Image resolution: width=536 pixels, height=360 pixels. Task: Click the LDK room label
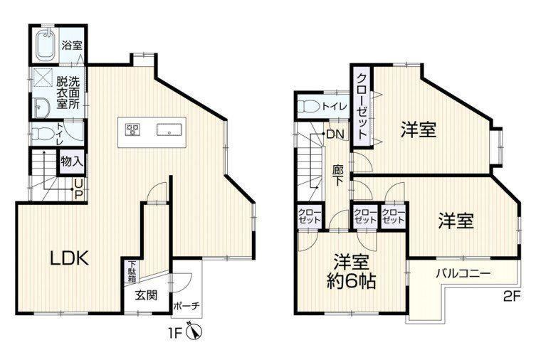coord(70,258)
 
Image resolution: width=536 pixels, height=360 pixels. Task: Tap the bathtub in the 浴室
coord(46,44)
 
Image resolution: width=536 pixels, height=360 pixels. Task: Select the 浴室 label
coord(72,45)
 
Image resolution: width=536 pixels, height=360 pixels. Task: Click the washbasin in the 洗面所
coord(41,107)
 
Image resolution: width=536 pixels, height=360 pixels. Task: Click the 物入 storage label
coord(72,162)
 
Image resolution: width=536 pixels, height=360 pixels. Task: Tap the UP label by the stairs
coord(78,189)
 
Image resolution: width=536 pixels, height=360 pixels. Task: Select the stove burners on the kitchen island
coord(132,129)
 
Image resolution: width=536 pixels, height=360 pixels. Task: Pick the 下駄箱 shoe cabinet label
coord(132,272)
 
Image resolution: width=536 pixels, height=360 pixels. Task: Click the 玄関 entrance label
coord(146,295)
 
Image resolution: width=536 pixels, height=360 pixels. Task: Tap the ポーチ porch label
coord(186,305)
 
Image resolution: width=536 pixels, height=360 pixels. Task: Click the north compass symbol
coord(194,331)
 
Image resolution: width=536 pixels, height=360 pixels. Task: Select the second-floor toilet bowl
coord(308,106)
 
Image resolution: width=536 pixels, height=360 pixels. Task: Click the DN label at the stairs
coord(335,134)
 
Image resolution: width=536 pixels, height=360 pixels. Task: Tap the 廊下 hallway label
coord(337,175)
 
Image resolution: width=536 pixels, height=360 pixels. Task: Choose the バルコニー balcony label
coord(463,273)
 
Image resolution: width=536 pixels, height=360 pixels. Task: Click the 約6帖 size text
coord(351,282)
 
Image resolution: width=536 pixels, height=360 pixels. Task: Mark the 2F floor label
coord(511,296)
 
